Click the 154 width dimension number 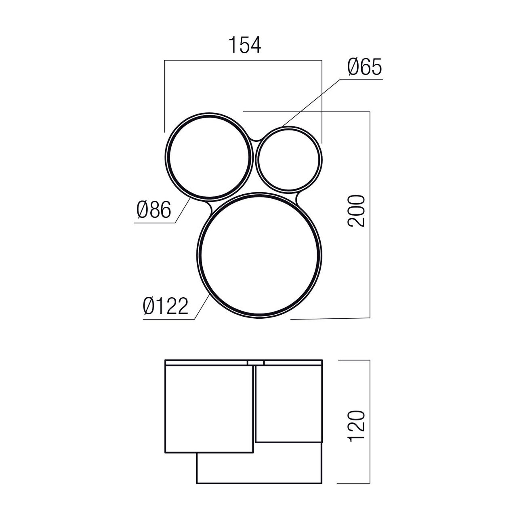coord(245,45)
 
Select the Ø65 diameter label coord(364,67)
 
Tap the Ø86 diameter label coord(154,210)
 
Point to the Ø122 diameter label coord(165,306)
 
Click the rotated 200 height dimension coord(356,211)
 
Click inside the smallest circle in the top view coord(289,160)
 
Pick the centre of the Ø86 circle coord(209,157)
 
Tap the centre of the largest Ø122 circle coord(259,255)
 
